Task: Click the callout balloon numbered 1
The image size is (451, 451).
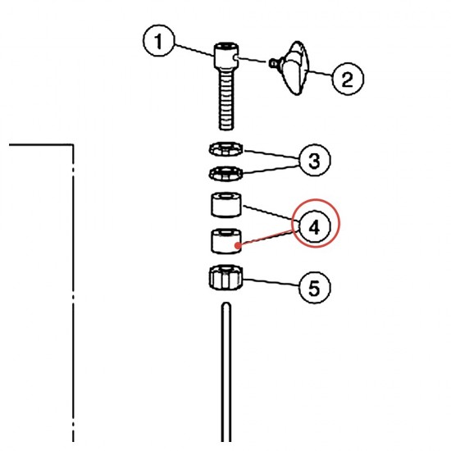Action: tap(158, 41)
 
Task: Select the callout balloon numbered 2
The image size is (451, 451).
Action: tap(348, 79)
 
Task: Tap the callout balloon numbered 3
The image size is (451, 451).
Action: tap(315, 160)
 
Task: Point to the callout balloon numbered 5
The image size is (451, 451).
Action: tap(315, 287)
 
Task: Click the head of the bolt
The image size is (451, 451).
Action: tap(226, 55)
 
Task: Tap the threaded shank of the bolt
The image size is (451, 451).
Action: tap(226, 98)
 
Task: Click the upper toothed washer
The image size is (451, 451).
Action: tap(225, 149)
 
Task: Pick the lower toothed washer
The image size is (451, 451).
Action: tap(225, 174)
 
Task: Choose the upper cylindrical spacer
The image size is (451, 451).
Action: tap(226, 205)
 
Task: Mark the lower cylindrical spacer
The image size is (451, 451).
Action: tap(226, 241)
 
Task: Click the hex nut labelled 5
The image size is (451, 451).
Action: tap(226, 277)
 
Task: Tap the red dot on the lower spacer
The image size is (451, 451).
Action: tap(237, 246)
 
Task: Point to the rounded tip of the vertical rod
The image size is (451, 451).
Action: tap(226, 305)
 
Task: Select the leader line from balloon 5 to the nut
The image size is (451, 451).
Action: tap(271, 281)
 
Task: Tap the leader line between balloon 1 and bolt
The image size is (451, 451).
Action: tap(194, 50)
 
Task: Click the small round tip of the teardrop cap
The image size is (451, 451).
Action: tap(272, 63)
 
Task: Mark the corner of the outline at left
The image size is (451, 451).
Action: tap(73, 144)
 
